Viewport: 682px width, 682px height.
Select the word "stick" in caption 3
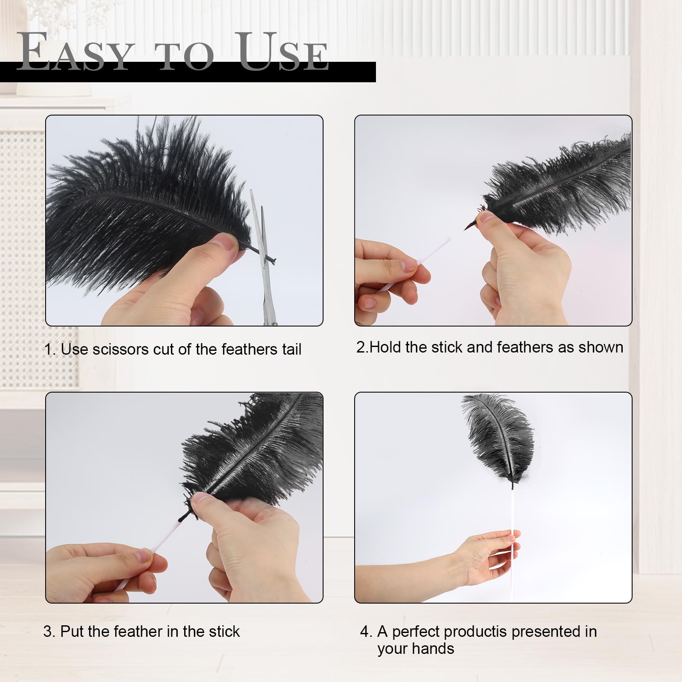click(224, 631)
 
